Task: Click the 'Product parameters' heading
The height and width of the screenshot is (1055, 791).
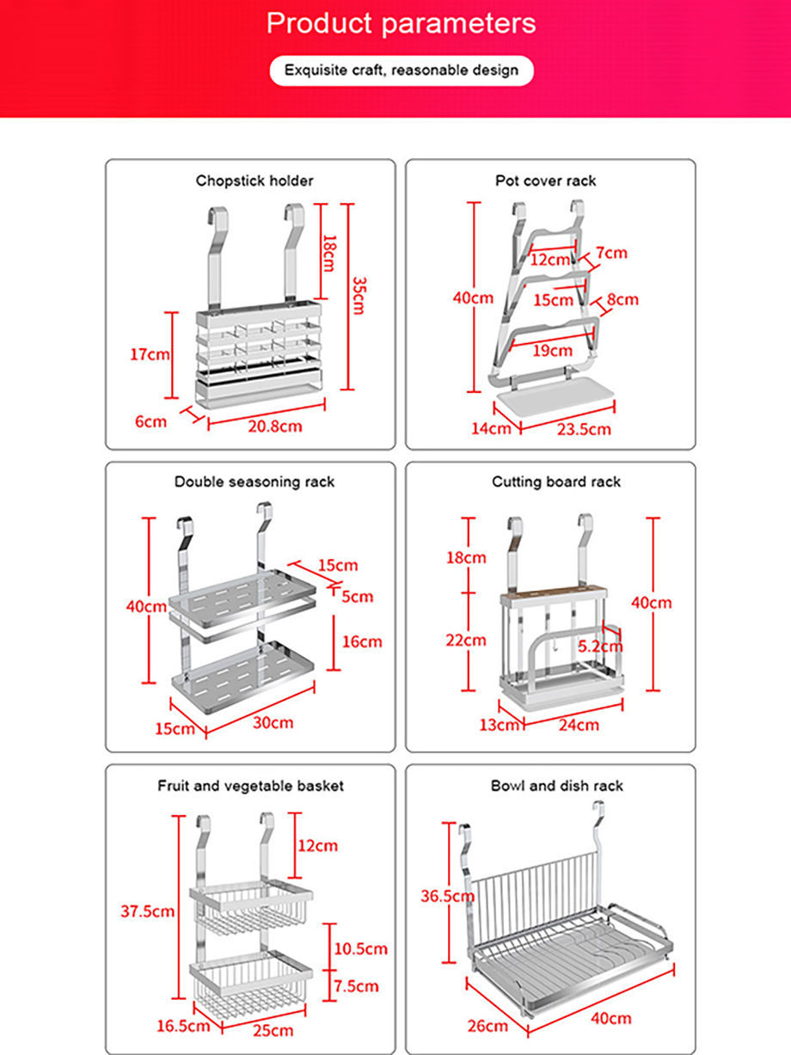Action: [401, 23]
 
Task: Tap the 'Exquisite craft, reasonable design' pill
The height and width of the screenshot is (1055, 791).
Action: [402, 70]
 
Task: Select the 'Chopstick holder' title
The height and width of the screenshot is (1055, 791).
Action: [254, 181]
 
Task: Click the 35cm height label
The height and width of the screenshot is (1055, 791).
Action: [357, 296]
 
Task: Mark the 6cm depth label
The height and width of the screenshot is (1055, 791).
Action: [150, 421]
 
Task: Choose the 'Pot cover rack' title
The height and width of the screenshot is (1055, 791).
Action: [545, 181]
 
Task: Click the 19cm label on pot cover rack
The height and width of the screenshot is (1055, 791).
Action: [552, 350]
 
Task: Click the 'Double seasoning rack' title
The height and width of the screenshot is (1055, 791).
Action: [254, 481]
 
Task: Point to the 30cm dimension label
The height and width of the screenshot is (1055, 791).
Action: [273, 722]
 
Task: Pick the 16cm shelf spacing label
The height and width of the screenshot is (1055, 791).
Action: [361, 641]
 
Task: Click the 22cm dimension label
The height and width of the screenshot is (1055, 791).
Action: [465, 640]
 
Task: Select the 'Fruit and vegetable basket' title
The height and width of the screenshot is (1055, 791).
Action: [250, 785]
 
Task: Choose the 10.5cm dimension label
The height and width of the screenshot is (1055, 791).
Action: [361, 949]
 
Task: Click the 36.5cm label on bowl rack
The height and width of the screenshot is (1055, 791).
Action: [447, 896]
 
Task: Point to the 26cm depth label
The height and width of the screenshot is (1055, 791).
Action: [487, 1026]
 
